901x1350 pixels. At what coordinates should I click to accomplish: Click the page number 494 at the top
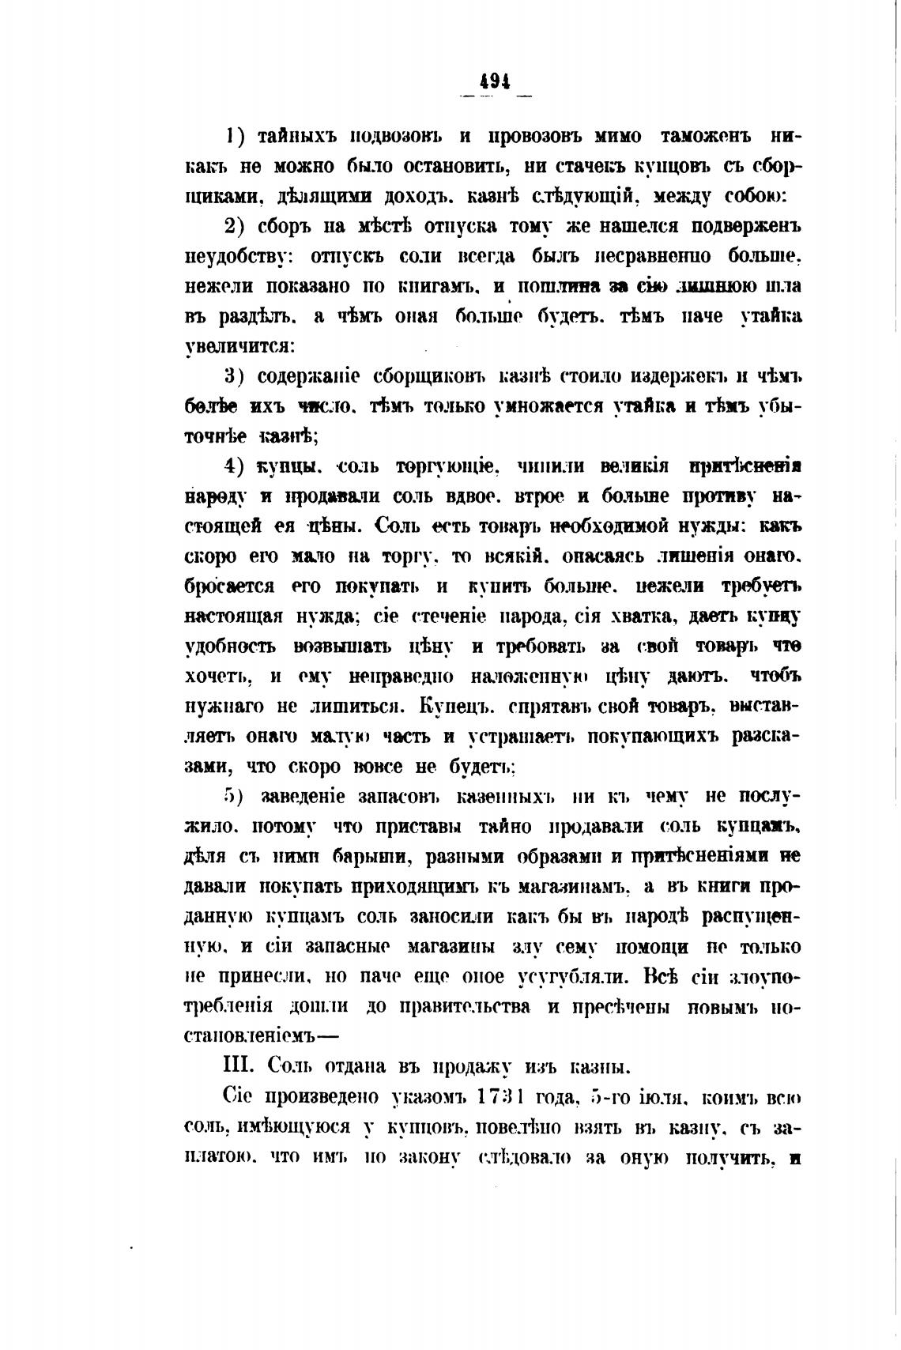(495, 81)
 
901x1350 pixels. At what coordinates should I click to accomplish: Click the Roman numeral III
(237, 1066)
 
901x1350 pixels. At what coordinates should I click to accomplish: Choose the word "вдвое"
(469, 496)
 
